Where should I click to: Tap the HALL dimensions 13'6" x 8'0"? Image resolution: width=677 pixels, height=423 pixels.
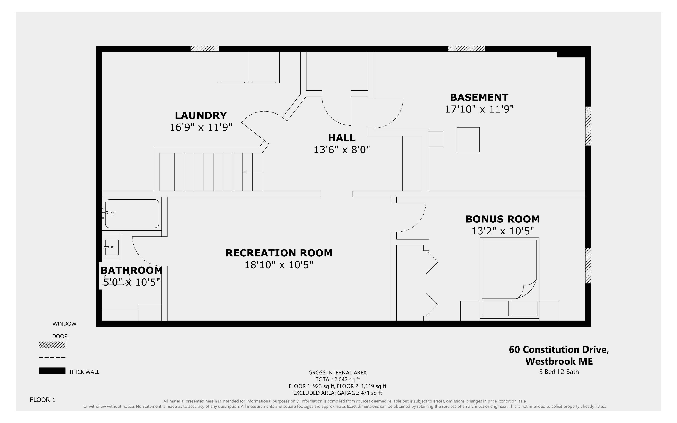[342, 150]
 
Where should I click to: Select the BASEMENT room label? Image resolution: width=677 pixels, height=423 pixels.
[479, 98]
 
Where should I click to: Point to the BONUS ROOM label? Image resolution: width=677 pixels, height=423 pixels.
[502, 219]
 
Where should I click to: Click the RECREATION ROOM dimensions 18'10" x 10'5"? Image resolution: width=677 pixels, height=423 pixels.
[279, 265]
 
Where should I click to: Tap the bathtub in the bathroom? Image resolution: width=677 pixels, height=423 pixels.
[132, 214]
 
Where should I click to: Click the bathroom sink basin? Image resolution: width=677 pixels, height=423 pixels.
[112, 247]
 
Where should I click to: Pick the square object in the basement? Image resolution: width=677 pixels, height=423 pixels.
[468, 140]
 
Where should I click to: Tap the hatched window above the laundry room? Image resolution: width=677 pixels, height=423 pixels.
[205, 49]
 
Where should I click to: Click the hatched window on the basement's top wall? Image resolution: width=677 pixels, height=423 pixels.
[466, 49]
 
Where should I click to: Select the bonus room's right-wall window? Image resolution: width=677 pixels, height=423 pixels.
[588, 266]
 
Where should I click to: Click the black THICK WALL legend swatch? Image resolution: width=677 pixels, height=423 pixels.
[52, 371]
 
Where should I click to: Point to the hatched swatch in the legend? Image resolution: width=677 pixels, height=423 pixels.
[52, 345]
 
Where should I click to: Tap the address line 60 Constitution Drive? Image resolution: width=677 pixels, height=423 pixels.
[559, 350]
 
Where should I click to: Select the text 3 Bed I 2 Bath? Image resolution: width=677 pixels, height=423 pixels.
[559, 372]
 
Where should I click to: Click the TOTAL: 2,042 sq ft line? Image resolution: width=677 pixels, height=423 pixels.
[337, 379]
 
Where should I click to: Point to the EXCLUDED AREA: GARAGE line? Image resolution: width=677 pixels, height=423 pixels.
[337, 393]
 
